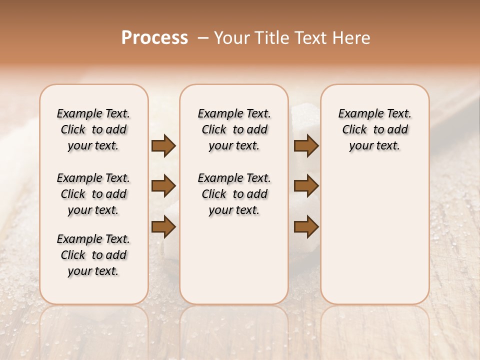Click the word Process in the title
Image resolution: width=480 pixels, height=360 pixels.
coord(154,37)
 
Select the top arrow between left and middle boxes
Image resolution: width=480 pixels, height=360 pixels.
coord(163,146)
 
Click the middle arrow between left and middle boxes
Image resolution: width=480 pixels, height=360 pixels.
coord(163,186)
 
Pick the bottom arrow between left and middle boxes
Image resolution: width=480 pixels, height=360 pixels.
coord(163,227)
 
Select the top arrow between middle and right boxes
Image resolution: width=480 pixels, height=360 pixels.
coord(306,146)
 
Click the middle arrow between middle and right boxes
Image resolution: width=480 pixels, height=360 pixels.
coord(306,186)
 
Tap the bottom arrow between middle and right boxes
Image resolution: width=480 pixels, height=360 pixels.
coord(306,227)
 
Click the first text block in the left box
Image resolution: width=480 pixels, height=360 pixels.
coord(93,129)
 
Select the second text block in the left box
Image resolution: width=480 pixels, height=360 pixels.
coord(93,194)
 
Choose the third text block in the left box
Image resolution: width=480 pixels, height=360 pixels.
coord(93,255)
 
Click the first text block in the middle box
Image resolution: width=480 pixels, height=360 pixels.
coord(234,129)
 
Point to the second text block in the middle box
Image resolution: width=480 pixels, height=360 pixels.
coord(234,194)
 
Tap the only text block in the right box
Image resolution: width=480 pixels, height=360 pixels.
coord(375,129)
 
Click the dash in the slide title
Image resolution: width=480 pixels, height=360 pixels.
coord(202,37)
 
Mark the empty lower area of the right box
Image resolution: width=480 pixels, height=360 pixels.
coord(375,235)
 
